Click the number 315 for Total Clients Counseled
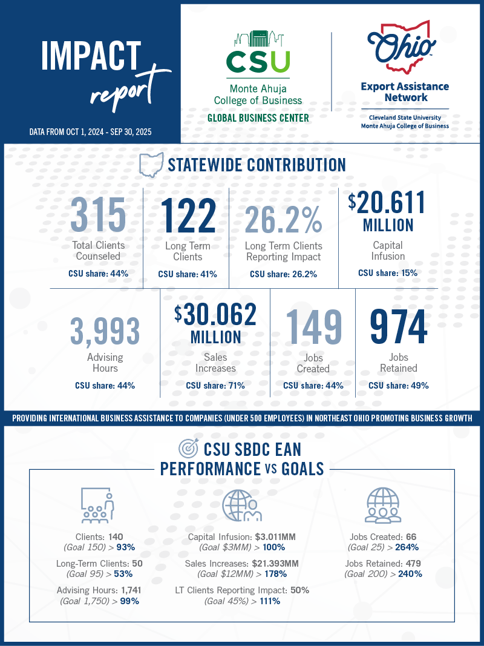[98, 215]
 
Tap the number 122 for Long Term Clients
[188, 215]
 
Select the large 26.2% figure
[283, 216]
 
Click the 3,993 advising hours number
[105, 331]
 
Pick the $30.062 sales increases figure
[216, 314]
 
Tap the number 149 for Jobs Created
[313, 328]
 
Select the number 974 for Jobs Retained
[398, 327]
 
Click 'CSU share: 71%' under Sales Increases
[215, 385]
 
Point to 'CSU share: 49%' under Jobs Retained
[398, 385]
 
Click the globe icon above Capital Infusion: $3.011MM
[241, 504]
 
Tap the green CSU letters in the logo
[258, 62]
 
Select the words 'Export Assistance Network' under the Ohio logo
[405, 91]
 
